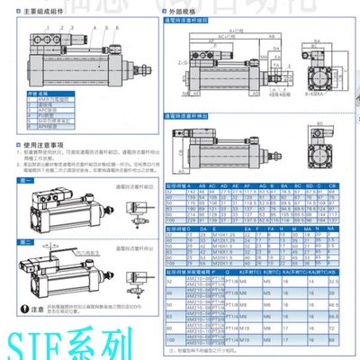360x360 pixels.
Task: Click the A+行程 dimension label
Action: pyautogui.click(x=233, y=28)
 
